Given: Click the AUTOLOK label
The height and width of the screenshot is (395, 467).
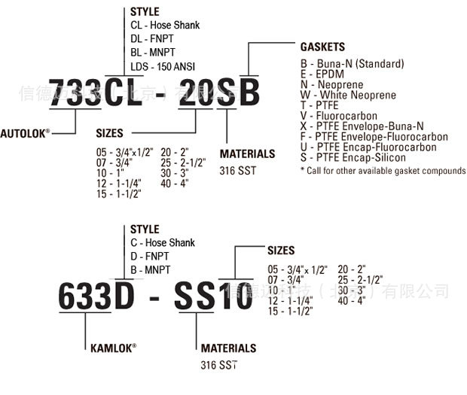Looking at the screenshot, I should [x=25, y=132].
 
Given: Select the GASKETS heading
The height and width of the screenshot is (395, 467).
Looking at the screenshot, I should [x=322, y=47].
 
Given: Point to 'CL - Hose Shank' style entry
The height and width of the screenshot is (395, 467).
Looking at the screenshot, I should [x=164, y=25].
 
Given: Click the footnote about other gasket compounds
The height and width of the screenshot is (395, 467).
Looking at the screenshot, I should [x=383, y=171].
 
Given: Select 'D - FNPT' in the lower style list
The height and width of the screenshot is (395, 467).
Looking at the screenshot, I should [x=151, y=255].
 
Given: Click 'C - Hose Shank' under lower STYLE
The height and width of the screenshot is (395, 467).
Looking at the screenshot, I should [x=162, y=243].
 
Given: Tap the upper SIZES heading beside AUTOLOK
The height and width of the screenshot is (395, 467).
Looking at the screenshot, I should [x=109, y=133].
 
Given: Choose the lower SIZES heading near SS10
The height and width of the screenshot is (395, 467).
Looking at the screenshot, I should [x=281, y=251].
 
